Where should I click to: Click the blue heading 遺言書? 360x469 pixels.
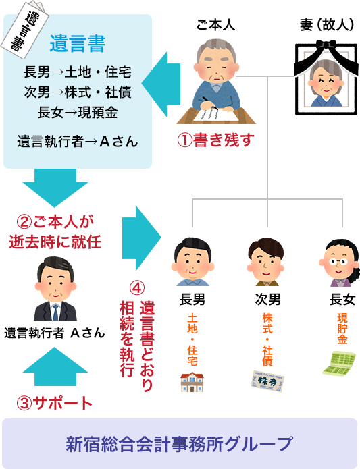tap(78, 44)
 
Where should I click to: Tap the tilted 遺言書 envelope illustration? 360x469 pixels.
tap(25, 28)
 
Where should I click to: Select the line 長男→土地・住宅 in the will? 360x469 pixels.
tap(78, 72)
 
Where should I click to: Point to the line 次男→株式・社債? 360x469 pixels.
tap(78, 92)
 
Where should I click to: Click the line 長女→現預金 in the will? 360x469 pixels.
tap(78, 113)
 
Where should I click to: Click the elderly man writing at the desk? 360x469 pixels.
tap(216, 82)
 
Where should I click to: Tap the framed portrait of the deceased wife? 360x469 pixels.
tap(326, 77)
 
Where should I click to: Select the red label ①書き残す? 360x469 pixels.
tap(215, 140)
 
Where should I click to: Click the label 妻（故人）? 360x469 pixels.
tap(326, 25)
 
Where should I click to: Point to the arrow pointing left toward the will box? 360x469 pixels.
tap(161, 84)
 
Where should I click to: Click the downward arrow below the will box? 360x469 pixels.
tap(55, 188)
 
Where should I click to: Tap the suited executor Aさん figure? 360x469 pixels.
tap(55, 288)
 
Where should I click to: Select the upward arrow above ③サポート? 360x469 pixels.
tap(55, 366)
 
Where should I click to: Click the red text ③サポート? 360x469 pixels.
tap(55, 403)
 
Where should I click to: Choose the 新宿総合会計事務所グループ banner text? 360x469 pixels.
tap(179, 444)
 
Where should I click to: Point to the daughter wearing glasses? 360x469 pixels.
tap(339, 263)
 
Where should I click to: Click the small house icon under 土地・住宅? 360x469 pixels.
tap(192, 382)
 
